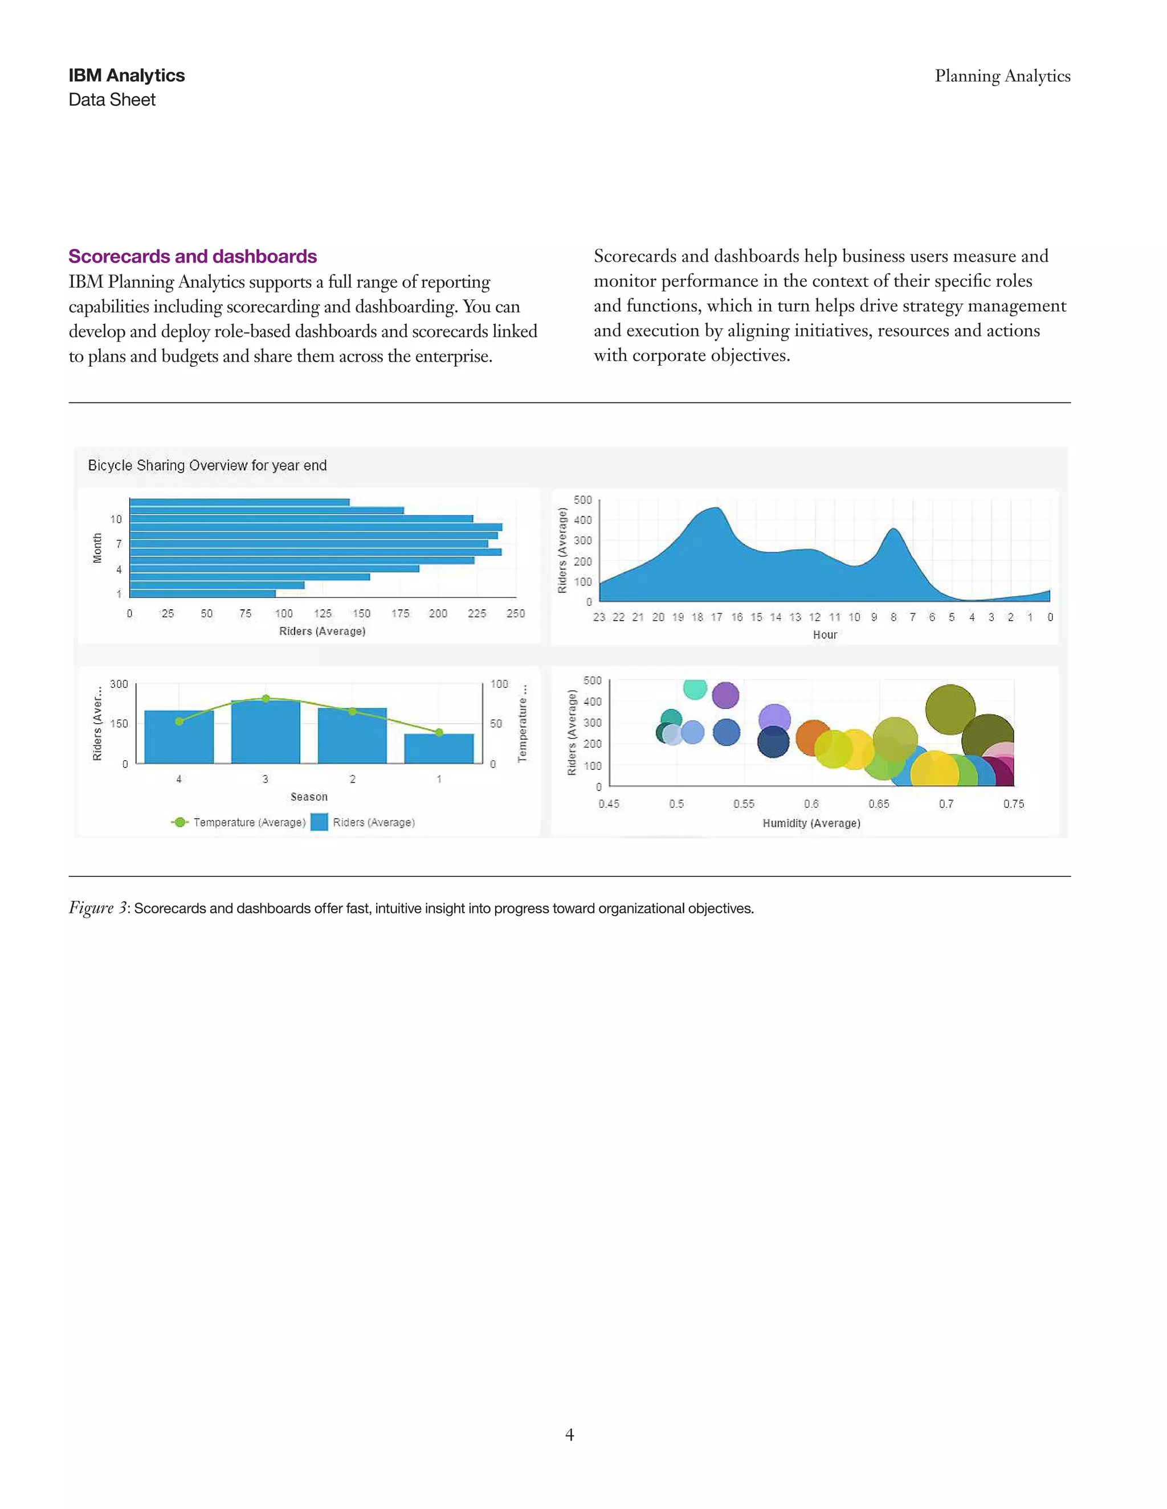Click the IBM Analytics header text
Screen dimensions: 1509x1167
pyautogui.click(x=127, y=75)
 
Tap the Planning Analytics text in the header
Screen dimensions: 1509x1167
pyautogui.click(x=1002, y=76)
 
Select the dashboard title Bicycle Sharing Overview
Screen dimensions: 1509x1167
pyautogui.click(x=207, y=466)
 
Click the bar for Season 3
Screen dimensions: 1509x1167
pyautogui.click(x=266, y=732)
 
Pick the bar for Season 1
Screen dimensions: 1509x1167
pyautogui.click(x=439, y=749)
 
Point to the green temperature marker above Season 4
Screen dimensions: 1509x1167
pyautogui.click(x=179, y=721)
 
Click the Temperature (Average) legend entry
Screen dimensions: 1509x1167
pyautogui.click(x=249, y=822)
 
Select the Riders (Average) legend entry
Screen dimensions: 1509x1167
pyautogui.click(x=373, y=822)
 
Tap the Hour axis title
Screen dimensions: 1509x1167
pyautogui.click(x=825, y=635)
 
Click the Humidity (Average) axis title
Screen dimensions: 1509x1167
pyautogui.click(x=811, y=823)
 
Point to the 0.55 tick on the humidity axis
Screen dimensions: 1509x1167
pyautogui.click(x=744, y=804)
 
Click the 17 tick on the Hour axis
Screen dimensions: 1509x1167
pyautogui.click(x=717, y=618)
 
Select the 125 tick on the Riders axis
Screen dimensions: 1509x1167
pyautogui.click(x=323, y=613)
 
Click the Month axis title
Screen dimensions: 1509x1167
pyautogui.click(x=97, y=548)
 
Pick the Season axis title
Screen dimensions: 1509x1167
pyautogui.click(x=309, y=797)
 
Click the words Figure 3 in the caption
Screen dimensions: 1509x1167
pyautogui.click(x=97, y=908)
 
